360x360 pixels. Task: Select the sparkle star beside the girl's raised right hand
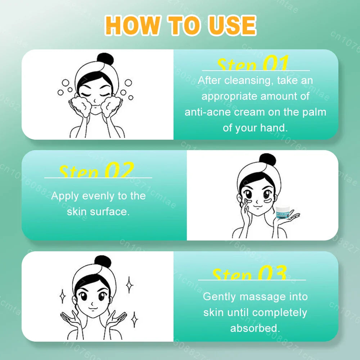pyautogui.click(x=134, y=319)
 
